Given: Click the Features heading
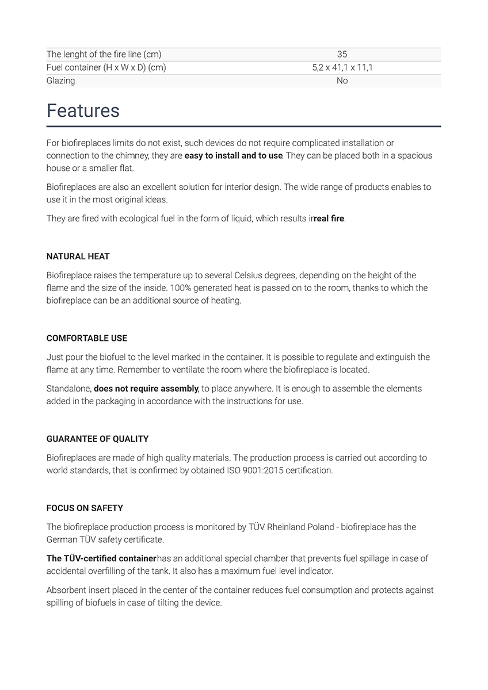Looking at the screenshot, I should (x=83, y=110).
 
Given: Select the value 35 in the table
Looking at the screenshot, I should (x=342, y=55).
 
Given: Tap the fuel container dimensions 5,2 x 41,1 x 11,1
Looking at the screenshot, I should (x=342, y=68).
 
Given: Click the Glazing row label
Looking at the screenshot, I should (x=60, y=81).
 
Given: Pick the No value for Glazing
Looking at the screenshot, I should (x=342, y=81).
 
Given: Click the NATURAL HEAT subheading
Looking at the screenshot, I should (x=78, y=256).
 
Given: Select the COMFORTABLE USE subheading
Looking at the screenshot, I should (x=87, y=338).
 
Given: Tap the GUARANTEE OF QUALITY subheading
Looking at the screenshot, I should (x=97, y=439).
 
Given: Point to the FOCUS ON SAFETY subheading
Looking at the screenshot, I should (x=85, y=508).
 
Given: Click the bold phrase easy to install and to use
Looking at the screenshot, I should (x=234, y=156).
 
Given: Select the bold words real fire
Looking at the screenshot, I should (x=329, y=219).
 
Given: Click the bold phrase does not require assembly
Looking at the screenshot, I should (x=146, y=389).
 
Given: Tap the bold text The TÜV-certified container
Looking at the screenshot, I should (x=101, y=558).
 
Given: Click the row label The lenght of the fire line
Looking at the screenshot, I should (x=104, y=55).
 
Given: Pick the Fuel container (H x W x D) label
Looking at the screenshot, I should (x=106, y=68).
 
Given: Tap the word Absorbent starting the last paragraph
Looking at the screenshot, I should (x=66, y=590).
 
